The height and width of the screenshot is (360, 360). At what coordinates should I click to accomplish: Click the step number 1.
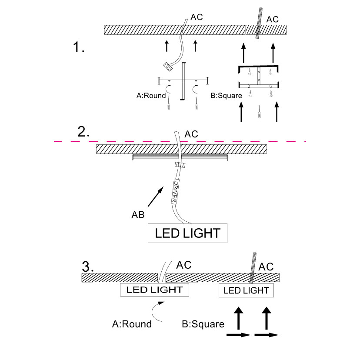79,48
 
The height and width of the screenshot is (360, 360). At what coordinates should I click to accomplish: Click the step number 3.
88,266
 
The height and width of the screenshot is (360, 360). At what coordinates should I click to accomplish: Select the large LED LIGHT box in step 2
188,233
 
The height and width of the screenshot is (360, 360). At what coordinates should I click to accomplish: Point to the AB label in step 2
138,214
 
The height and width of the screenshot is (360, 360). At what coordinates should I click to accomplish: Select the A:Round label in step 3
132,324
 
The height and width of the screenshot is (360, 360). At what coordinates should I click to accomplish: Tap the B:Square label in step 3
203,324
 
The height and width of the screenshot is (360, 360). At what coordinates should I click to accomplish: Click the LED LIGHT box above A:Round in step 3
154,290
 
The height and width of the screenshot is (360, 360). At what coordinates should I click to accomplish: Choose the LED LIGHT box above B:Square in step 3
246,290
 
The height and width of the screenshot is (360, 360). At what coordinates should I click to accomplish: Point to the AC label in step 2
191,134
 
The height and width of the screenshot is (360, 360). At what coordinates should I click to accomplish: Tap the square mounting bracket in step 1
258,76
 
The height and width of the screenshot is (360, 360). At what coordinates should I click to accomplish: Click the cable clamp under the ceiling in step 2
180,165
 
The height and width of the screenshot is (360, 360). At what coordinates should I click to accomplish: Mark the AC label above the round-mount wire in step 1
197,18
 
